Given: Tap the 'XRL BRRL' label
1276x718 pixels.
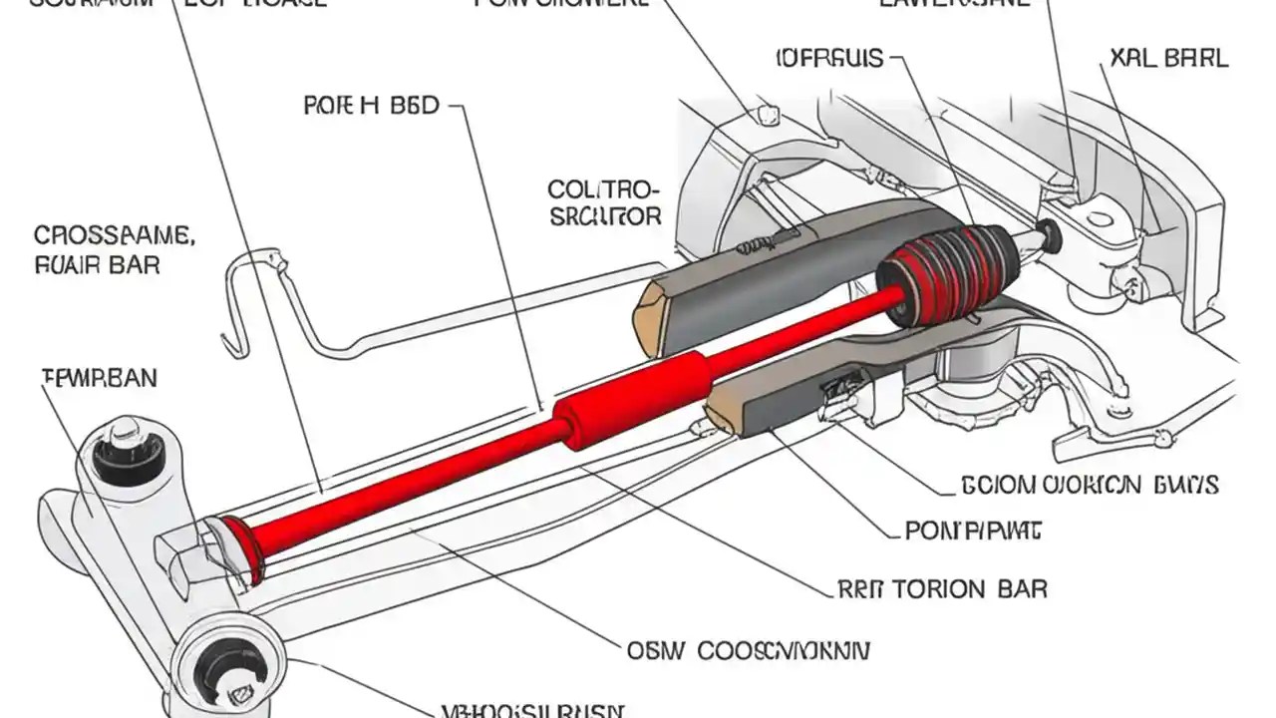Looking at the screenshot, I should (x=1168, y=58).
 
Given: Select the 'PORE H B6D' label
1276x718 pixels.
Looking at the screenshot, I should (x=370, y=106).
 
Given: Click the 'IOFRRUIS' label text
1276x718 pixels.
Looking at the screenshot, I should (x=828, y=58).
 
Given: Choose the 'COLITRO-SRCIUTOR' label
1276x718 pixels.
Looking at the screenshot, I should (x=604, y=202).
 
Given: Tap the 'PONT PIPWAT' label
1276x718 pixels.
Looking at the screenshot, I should (x=973, y=532).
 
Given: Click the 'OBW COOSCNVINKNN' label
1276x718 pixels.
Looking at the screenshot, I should (x=749, y=651).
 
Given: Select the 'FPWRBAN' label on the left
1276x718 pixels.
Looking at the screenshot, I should (x=99, y=378).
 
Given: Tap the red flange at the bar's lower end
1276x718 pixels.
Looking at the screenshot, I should (x=242, y=549).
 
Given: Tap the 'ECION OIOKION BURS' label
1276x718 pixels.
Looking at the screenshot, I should (x=1089, y=486).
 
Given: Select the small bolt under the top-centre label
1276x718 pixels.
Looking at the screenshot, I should (x=768, y=113).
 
